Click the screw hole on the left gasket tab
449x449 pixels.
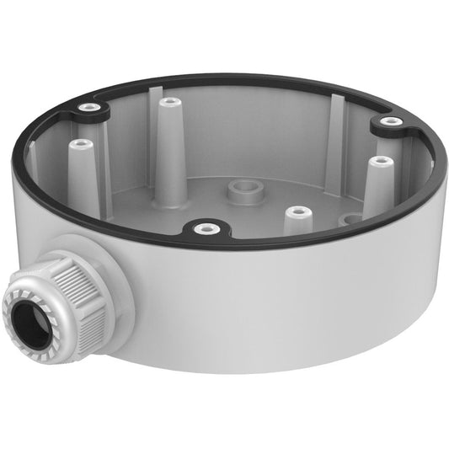tap(86, 108)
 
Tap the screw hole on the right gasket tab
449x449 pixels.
tap(388, 122)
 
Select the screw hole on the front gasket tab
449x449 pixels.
tap(201, 227)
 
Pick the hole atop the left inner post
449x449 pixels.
tap(83, 145)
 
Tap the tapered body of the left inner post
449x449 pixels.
tap(84, 173)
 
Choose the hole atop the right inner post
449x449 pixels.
tap(381, 160)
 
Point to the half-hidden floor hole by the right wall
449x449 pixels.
tap(353, 219)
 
